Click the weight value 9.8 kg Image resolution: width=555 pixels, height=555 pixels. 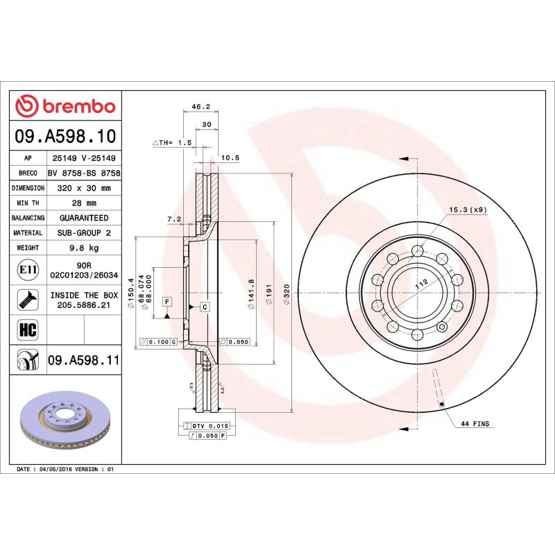[x=84, y=248]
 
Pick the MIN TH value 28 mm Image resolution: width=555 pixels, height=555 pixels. [x=84, y=203]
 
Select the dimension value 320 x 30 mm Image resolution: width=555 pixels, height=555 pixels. [x=84, y=188]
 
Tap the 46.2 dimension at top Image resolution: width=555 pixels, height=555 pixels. [x=200, y=107]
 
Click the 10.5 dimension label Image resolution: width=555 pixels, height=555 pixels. [x=230, y=157]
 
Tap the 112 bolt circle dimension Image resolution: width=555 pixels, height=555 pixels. [x=419, y=284]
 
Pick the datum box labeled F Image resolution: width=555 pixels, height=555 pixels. [x=167, y=301]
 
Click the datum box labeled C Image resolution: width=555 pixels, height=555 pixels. [x=205, y=306]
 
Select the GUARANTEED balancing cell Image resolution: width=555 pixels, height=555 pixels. [x=84, y=218]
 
